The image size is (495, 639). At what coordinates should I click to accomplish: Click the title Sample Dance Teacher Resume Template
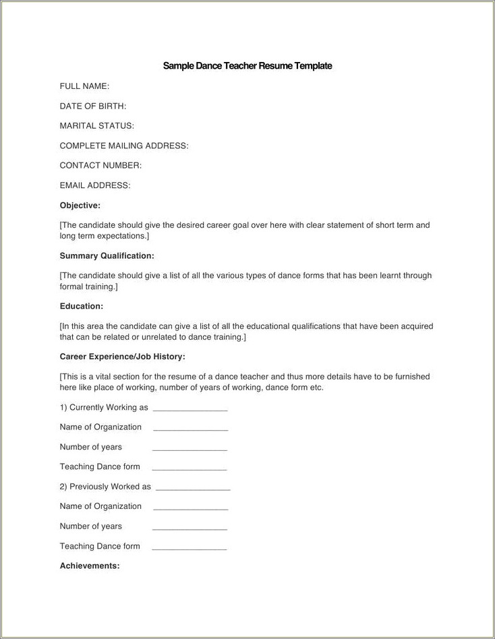247,66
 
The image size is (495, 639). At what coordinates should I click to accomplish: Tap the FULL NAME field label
84,86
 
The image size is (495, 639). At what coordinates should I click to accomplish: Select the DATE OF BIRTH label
93,106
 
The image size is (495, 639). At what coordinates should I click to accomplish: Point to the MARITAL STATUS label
97,125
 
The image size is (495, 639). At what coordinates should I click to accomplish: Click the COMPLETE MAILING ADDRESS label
124,146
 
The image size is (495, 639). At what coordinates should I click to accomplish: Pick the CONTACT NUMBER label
100,165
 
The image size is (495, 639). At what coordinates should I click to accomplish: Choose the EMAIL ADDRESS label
95,185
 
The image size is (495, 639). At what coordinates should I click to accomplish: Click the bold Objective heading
80,205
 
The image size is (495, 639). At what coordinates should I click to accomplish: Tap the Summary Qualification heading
107,256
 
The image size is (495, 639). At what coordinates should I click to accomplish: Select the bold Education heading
81,306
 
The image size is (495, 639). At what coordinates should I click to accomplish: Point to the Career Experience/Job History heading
122,357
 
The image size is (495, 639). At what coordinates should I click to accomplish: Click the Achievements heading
90,566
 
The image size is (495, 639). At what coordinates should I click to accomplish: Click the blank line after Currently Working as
190,409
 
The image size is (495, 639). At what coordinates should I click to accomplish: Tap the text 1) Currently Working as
104,408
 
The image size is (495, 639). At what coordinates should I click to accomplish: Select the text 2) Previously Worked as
105,487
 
